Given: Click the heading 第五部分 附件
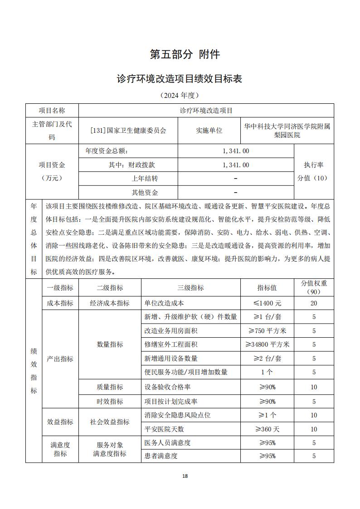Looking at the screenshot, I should pos(185,55).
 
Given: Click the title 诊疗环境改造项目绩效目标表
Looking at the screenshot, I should pos(180,79).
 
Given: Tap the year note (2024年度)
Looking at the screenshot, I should pos(180,95).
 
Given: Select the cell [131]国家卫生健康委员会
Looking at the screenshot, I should pos(128,130).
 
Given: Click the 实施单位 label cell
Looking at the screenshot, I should pos(209,130).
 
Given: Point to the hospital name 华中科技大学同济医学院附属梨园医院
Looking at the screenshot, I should pos(287,130).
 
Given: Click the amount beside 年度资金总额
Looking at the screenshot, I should pos(236,151).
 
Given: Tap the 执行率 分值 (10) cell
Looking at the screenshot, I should pos(314,171).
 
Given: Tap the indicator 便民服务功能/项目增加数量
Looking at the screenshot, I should pos(186,372).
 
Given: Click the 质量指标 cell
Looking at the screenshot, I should pos(110,387).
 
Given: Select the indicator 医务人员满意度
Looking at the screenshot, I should pos(167,443).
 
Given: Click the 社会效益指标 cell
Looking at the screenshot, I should pos(110,422).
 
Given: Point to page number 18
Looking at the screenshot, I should pos(185,476).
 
